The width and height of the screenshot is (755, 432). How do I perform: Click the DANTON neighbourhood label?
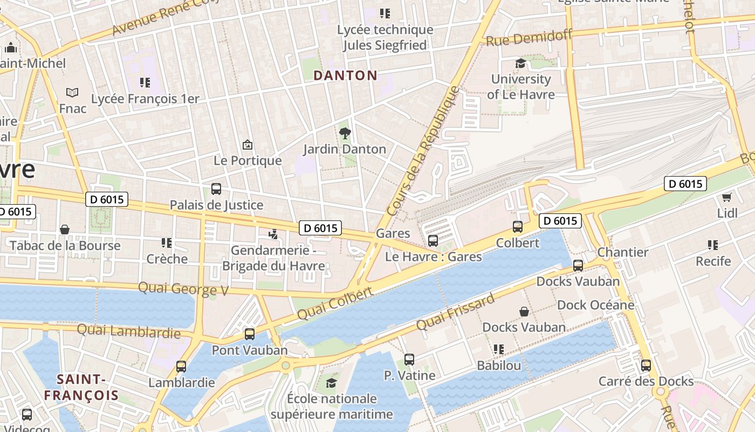(x=345, y=76)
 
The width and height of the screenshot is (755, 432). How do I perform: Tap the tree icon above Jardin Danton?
(x=345, y=133)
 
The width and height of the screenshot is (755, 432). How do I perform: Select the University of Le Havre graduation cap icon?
(x=520, y=63)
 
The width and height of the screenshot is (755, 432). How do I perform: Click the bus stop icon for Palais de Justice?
(x=216, y=189)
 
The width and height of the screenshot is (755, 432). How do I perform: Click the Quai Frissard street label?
(x=456, y=313)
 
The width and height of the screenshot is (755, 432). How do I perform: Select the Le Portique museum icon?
(x=248, y=145)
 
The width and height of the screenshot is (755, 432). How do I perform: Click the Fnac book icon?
(x=72, y=93)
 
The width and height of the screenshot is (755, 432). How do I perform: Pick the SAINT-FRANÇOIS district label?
(x=81, y=387)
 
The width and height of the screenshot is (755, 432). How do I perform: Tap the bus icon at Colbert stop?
(x=518, y=227)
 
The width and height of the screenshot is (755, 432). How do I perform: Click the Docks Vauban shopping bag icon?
(x=524, y=312)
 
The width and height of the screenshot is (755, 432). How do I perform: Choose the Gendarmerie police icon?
(x=273, y=234)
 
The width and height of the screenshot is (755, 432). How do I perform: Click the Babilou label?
(x=499, y=366)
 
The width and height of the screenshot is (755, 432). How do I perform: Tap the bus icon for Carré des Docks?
(x=646, y=366)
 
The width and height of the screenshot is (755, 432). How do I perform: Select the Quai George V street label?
(x=183, y=289)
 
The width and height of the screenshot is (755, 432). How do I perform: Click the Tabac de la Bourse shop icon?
(x=65, y=230)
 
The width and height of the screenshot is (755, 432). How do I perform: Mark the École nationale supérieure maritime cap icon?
(x=331, y=383)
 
